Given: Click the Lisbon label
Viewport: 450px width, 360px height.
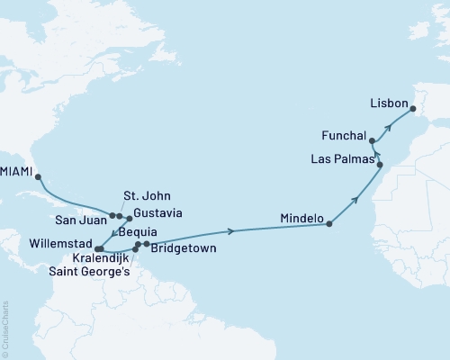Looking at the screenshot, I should point(390,103).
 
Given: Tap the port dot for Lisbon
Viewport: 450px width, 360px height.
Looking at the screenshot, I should point(413,111).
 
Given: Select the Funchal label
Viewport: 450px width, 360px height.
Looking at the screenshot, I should point(344,136).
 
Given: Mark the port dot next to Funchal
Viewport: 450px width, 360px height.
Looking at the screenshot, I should point(372,141).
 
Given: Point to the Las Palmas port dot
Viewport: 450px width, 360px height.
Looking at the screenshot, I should point(380,165).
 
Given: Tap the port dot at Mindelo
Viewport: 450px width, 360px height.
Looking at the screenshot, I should point(330,223).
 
